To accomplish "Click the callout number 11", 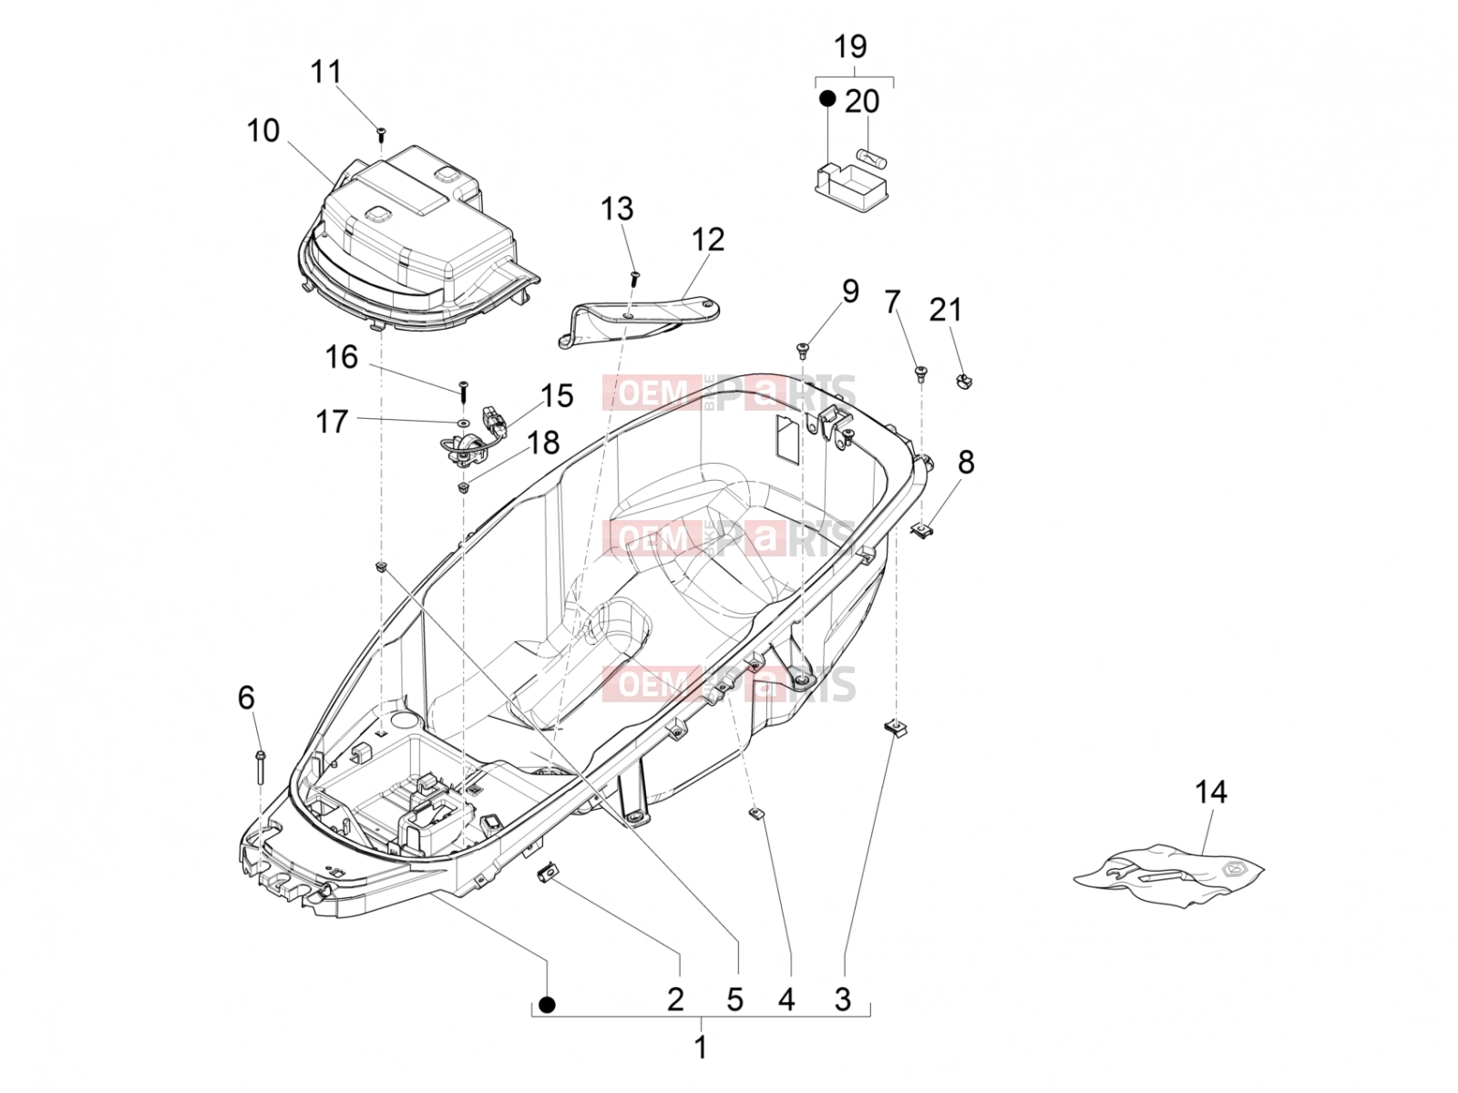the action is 325,72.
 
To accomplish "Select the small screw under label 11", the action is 382,135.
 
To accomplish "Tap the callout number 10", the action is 263,131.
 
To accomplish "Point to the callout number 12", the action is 707,240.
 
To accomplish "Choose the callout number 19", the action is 850,47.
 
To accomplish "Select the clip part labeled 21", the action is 963,381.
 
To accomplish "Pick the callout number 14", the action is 1211,792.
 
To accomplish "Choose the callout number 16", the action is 342,357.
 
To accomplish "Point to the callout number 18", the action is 543,443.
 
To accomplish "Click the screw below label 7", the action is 920,373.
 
